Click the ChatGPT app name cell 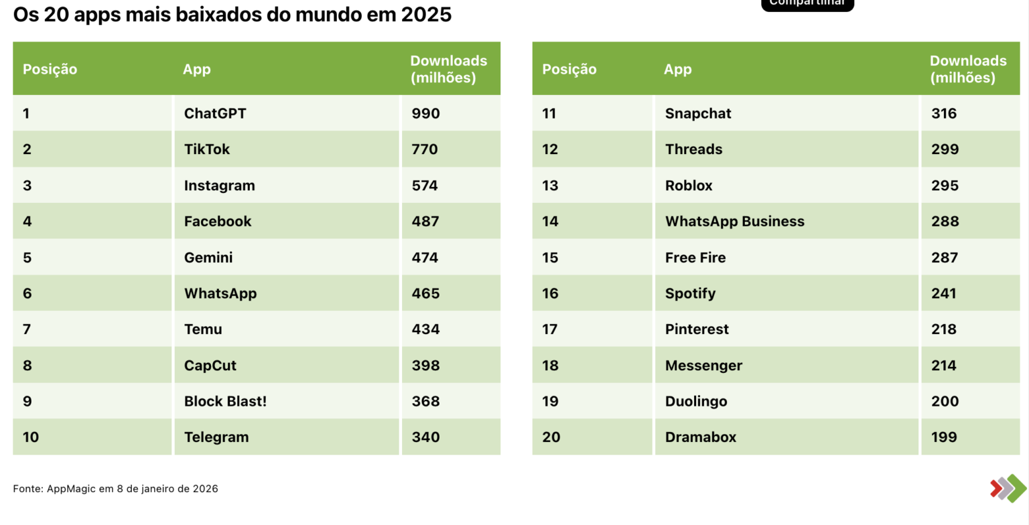pyautogui.click(x=215, y=114)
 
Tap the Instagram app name pyautogui.click(x=219, y=185)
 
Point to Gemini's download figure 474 pyautogui.click(x=425, y=258)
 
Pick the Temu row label pyautogui.click(x=203, y=329)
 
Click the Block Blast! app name pyautogui.click(x=225, y=402)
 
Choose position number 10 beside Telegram pyautogui.click(x=31, y=437)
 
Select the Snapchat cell pyautogui.click(x=698, y=114)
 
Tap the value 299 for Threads pyautogui.click(x=945, y=149)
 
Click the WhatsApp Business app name pyautogui.click(x=734, y=222)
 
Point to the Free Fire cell pyautogui.click(x=695, y=258)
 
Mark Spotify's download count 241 pyautogui.click(x=944, y=293)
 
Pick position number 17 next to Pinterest pyautogui.click(x=550, y=329)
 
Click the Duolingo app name pyautogui.click(x=696, y=402)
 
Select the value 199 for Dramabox pyautogui.click(x=944, y=437)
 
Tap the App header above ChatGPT pyautogui.click(x=197, y=70)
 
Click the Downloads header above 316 pyautogui.click(x=968, y=69)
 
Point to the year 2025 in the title pyautogui.click(x=427, y=15)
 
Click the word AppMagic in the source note pyautogui.click(x=72, y=489)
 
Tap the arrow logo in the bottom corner pyautogui.click(x=1008, y=488)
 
